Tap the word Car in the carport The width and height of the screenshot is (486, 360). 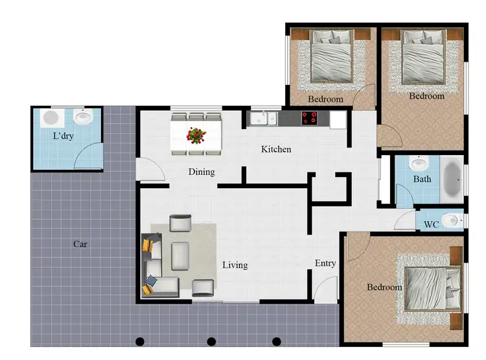(x=80, y=245)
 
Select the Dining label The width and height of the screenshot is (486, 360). (x=202, y=172)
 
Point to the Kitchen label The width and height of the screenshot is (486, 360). (x=276, y=150)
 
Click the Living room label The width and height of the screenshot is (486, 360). (x=235, y=265)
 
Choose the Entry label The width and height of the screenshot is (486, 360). (x=325, y=263)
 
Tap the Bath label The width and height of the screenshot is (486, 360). (x=422, y=179)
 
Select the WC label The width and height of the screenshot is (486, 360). (x=431, y=225)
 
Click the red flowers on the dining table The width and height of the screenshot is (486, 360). (x=196, y=135)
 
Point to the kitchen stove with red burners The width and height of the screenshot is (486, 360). (x=310, y=119)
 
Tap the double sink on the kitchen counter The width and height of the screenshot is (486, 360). (x=263, y=119)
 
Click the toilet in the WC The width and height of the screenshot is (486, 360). (x=454, y=220)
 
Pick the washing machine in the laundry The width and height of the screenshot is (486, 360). (x=50, y=118)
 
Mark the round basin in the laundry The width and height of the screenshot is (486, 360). (x=82, y=118)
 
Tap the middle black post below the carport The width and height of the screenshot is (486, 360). (x=211, y=341)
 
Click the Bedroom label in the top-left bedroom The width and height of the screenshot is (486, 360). (x=325, y=99)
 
